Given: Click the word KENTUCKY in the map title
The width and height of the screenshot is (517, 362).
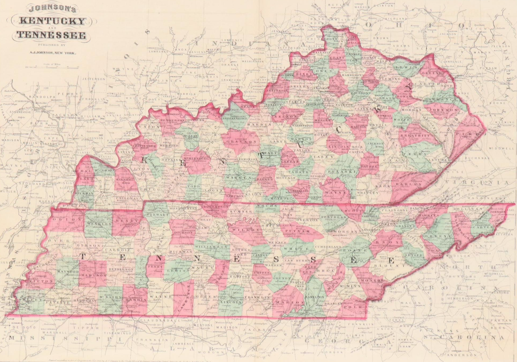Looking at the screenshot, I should point(53,21).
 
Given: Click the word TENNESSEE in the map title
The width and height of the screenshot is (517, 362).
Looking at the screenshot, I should point(51,35).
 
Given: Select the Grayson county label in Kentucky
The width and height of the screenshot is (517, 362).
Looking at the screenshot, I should point(240,142).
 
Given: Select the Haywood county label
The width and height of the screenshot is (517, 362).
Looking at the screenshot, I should point(68,272).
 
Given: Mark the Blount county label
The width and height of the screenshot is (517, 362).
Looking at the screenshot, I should point(387,266).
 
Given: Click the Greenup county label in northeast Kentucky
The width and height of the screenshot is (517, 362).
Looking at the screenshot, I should point(432,72).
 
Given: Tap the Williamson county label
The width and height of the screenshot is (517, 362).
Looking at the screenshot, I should point(211,247).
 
